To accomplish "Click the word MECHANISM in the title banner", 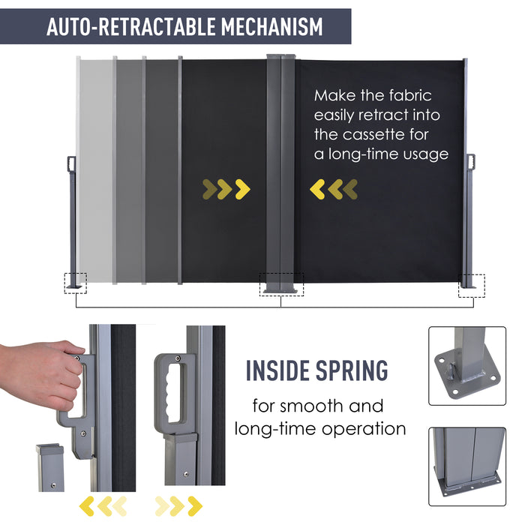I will click(271, 27).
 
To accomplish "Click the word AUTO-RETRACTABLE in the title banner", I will click(131, 27).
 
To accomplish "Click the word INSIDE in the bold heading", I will click(277, 370).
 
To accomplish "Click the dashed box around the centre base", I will click(282, 284).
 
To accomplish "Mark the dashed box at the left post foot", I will click(76, 284).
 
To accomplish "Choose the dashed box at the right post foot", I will click(472, 286).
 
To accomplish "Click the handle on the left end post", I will click(72, 163).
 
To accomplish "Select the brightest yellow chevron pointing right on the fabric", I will click(242, 190).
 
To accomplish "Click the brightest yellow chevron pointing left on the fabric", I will click(316, 190).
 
